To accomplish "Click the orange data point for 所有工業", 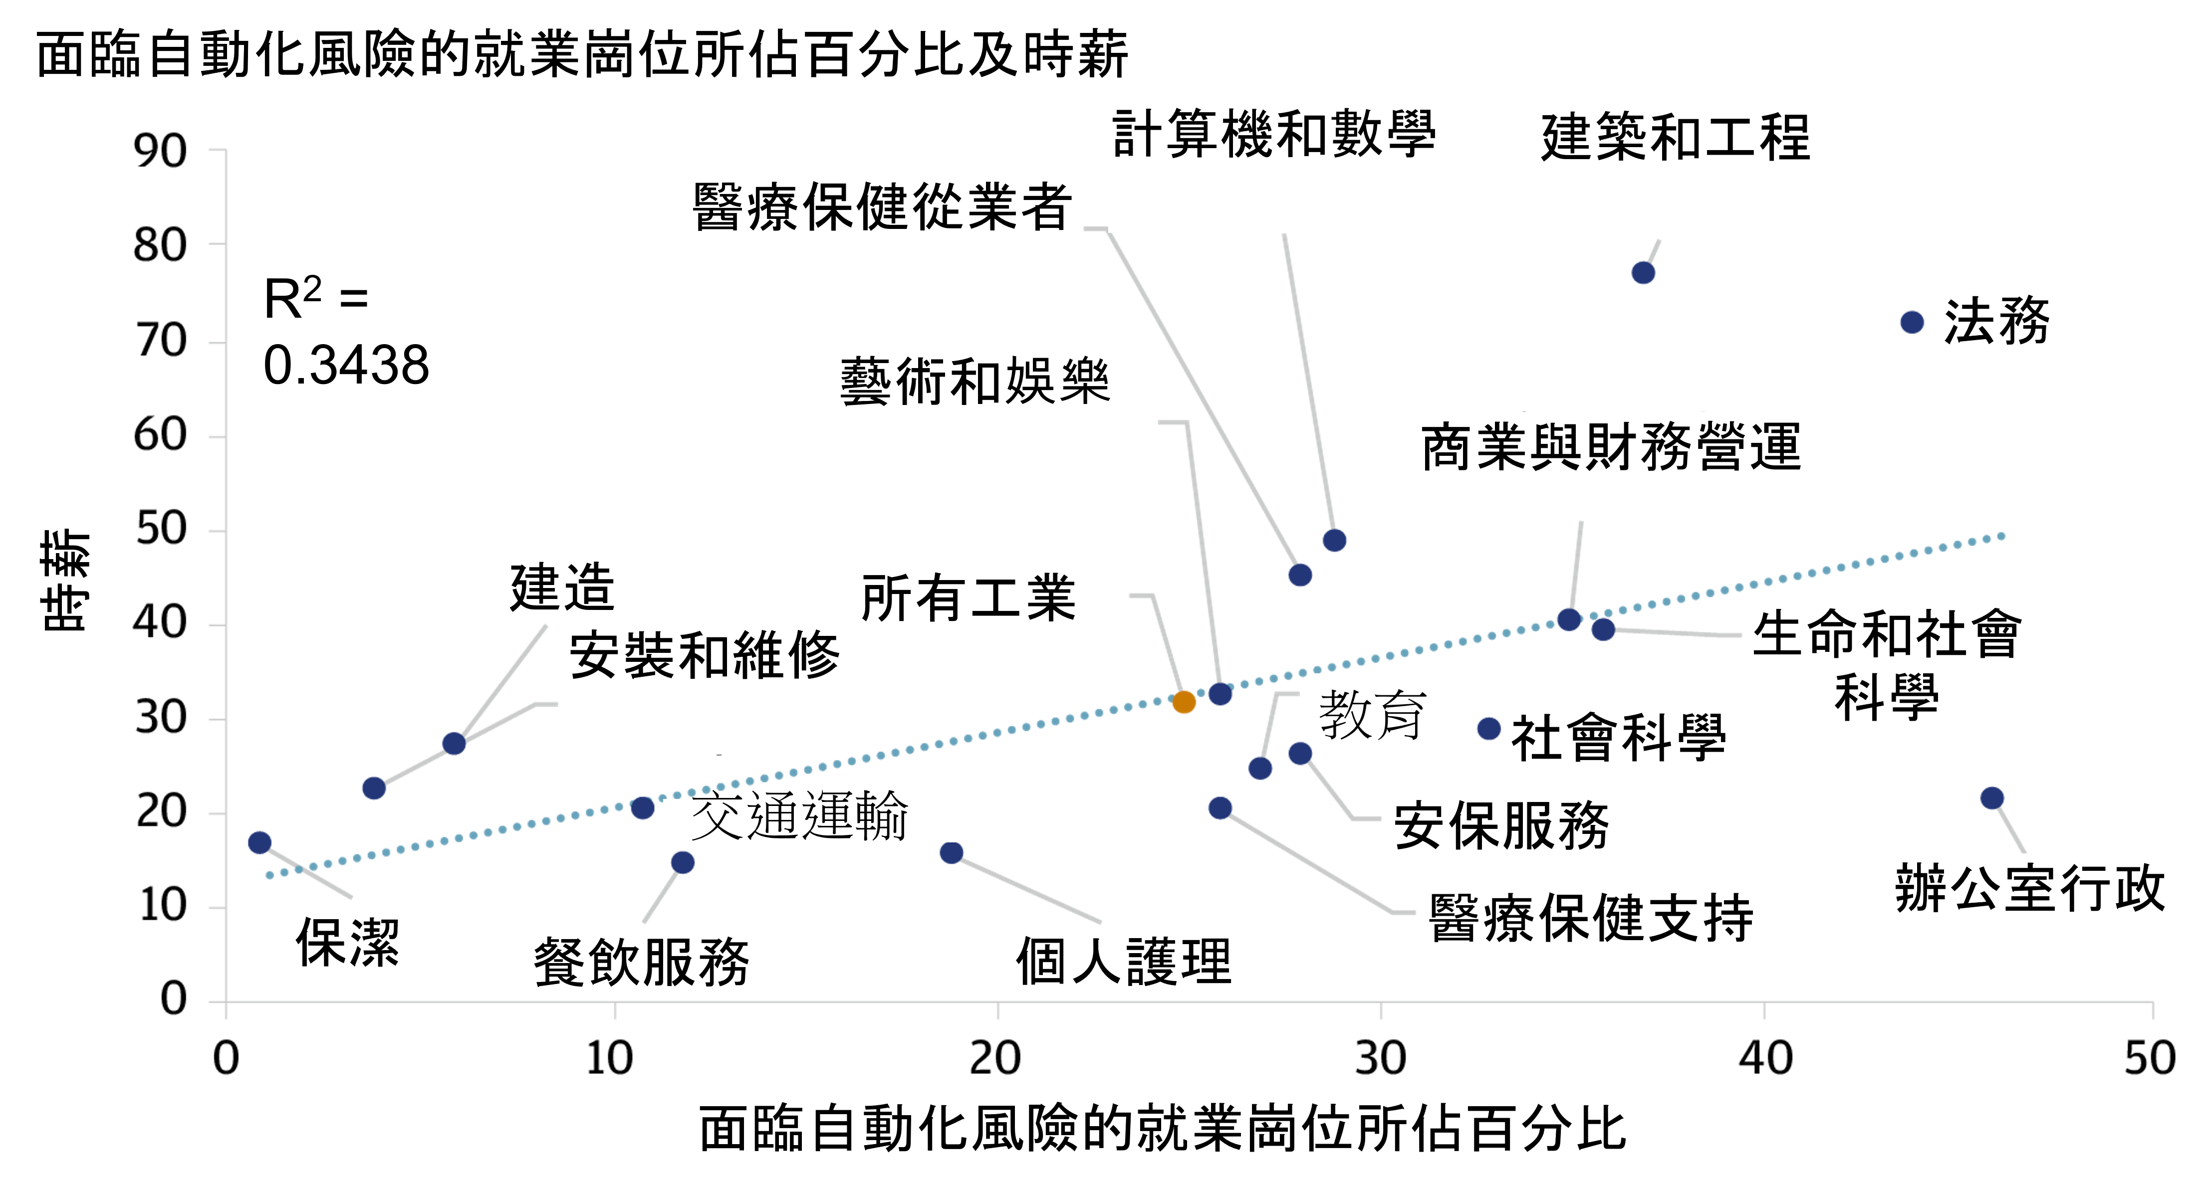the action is [x=1184, y=702].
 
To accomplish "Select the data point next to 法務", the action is [x=1912, y=322].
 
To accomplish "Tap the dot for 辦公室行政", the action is [x=1991, y=798].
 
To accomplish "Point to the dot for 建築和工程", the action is [x=1643, y=272].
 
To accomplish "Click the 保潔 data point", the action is [x=260, y=842].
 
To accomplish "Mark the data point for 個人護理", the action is [x=951, y=852].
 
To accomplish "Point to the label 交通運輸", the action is [x=799, y=816].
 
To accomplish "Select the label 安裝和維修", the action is [x=705, y=655].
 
